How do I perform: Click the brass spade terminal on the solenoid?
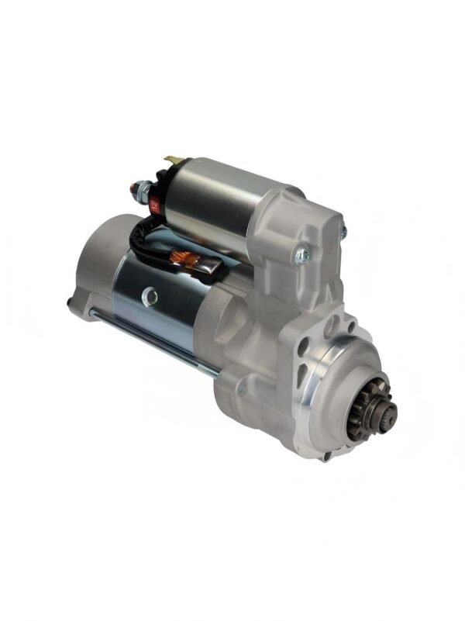[x=174, y=160]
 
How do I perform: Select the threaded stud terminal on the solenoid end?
[x=139, y=188]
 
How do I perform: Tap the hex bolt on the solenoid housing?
[x=301, y=253]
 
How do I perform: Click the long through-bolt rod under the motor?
[x=147, y=337]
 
